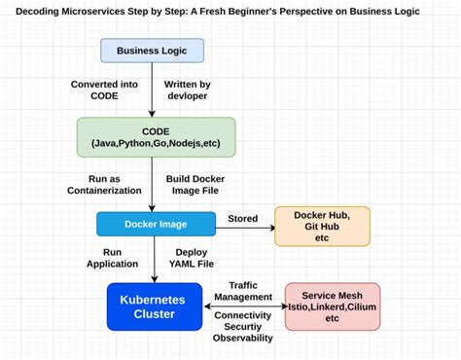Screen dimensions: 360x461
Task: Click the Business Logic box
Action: tap(153, 51)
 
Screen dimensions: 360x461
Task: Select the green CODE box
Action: tap(156, 138)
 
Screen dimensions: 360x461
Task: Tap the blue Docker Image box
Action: tap(156, 224)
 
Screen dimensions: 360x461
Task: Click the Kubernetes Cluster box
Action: tap(156, 306)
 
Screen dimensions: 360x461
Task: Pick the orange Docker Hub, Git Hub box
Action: tap(322, 225)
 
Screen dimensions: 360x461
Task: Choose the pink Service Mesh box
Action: tap(332, 306)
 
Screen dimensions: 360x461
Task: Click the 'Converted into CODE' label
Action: tap(104, 90)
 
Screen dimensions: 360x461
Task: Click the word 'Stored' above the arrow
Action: tap(242, 218)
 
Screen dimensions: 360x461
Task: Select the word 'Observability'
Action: tap(243, 340)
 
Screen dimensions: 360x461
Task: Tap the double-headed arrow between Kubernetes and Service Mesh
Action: tap(243, 306)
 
